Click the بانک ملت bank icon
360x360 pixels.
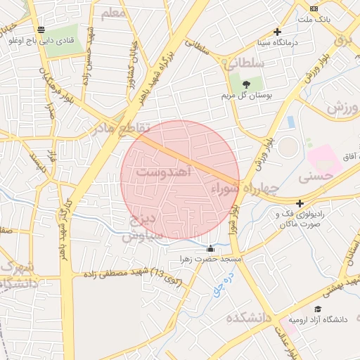click(313, 8)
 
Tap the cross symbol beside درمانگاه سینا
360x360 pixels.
click(278, 32)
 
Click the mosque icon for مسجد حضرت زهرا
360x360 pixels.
click(210, 248)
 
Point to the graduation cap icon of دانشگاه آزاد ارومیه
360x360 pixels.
click(318, 309)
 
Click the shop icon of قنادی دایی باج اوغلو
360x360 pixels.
click(41, 30)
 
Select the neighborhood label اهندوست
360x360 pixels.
click(162, 172)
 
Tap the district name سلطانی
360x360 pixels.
click(245, 63)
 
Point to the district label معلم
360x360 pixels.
click(114, 13)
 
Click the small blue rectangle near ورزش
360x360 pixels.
click(290, 122)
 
